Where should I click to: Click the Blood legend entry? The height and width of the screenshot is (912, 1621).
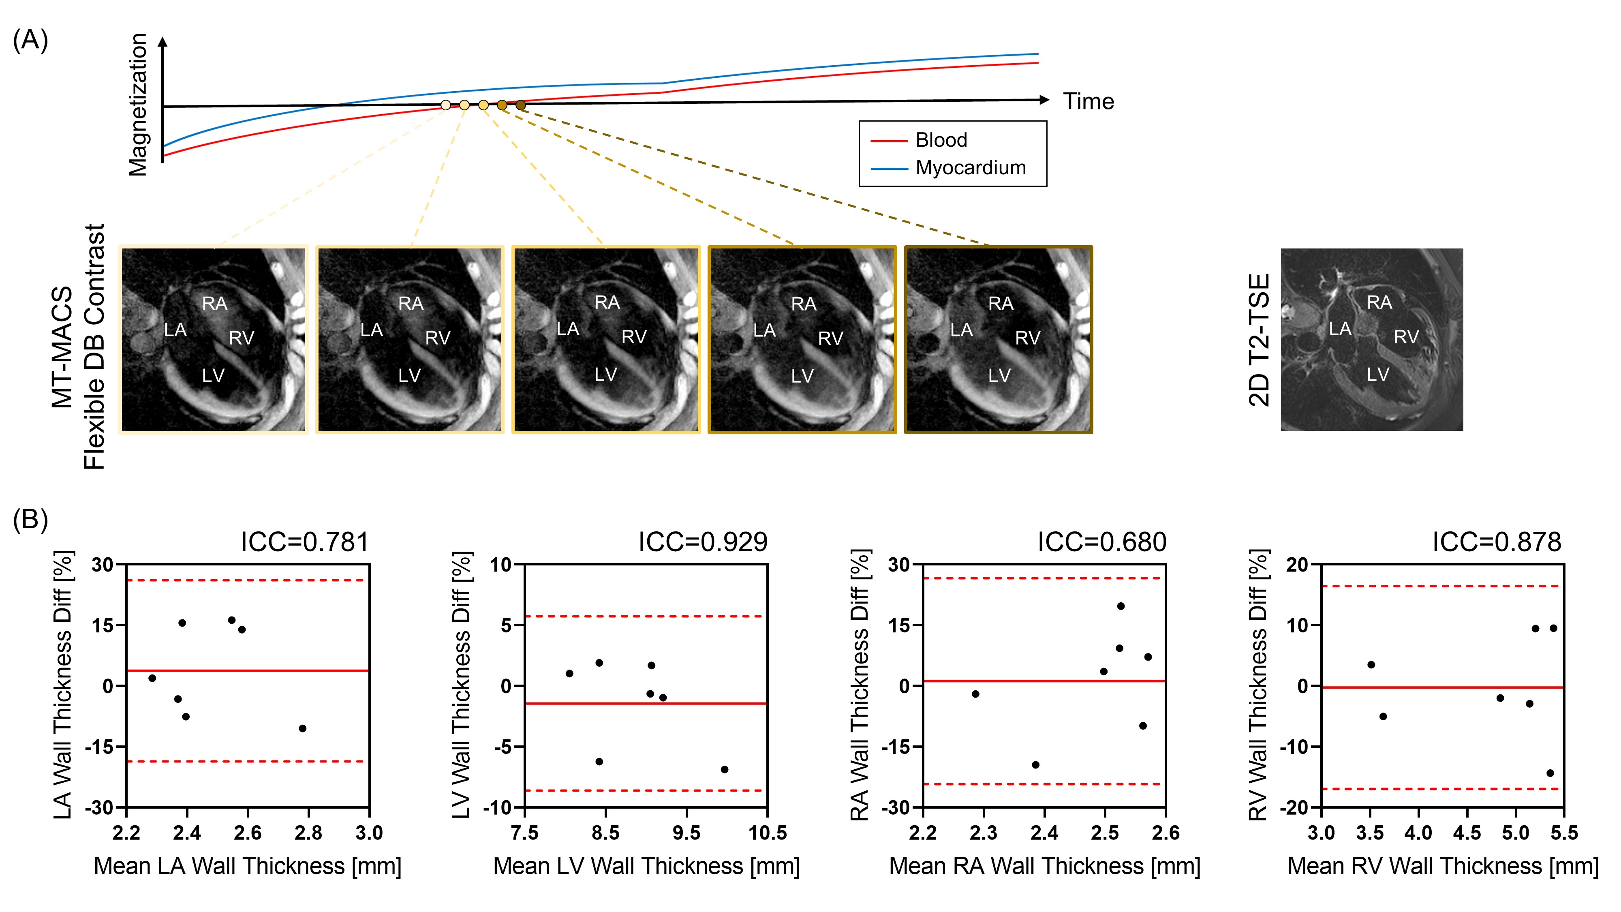pyautogui.click(x=940, y=140)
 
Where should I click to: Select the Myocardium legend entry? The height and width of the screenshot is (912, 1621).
pyautogui.click(x=970, y=168)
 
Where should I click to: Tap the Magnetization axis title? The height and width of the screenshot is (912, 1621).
pyautogui.click(x=138, y=105)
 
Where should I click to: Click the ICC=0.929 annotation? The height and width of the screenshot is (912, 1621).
pyautogui.click(x=702, y=542)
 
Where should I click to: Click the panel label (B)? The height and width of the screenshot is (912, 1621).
pyautogui.click(x=30, y=520)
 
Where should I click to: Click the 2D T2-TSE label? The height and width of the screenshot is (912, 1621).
pyautogui.click(x=1259, y=340)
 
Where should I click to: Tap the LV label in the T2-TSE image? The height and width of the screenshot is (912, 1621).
pyautogui.click(x=1377, y=375)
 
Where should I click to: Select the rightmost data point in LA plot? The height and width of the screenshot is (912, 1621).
pyautogui.click(x=303, y=728)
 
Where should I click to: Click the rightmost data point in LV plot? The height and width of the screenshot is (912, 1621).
pyautogui.click(x=724, y=769)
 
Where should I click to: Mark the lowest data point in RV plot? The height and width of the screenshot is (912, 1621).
pyautogui.click(x=1550, y=773)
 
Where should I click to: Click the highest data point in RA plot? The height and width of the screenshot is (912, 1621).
pyautogui.click(x=1121, y=606)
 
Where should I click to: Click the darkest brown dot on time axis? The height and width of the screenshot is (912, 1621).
pyautogui.click(x=520, y=105)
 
